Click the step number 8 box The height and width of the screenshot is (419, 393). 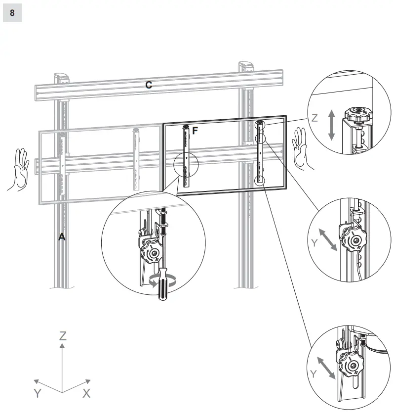[12, 13]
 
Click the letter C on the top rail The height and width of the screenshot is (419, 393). [148, 85]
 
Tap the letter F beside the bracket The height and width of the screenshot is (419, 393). [195, 131]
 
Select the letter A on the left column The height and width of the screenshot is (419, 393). [62, 237]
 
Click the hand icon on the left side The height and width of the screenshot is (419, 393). [19, 169]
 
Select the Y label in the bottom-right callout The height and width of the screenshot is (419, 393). [313, 373]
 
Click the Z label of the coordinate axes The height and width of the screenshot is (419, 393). [63, 336]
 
